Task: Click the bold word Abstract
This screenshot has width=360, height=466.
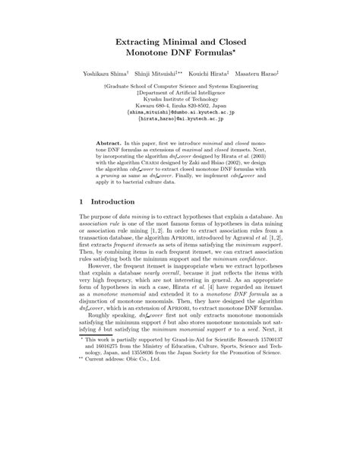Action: [x=122, y=142]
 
